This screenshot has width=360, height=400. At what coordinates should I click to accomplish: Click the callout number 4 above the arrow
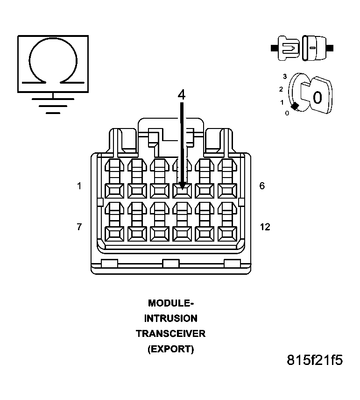point(181,94)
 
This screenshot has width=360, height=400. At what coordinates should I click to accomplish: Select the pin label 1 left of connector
point(79,186)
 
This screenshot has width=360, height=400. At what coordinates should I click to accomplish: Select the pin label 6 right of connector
point(262,186)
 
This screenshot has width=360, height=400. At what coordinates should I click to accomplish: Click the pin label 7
point(79,227)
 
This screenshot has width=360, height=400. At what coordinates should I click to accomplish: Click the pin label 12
point(265,227)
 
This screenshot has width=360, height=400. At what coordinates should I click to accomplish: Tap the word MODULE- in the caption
point(170,303)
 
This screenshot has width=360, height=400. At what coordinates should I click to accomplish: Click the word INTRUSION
point(170,318)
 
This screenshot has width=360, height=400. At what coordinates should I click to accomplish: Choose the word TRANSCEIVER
point(170,334)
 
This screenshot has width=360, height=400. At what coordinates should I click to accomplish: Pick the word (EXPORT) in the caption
point(170,349)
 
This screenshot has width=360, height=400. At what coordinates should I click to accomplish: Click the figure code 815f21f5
point(315,360)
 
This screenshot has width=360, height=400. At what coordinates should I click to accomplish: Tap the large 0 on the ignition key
point(317,98)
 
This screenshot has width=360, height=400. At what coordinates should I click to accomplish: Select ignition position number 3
point(284,76)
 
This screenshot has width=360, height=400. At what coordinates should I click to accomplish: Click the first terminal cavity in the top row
point(114,190)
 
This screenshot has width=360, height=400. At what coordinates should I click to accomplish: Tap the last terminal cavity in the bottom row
point(227,233)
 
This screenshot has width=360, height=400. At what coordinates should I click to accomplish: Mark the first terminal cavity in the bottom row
point(114,233)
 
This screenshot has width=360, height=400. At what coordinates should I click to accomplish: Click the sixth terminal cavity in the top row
point(227,190)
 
